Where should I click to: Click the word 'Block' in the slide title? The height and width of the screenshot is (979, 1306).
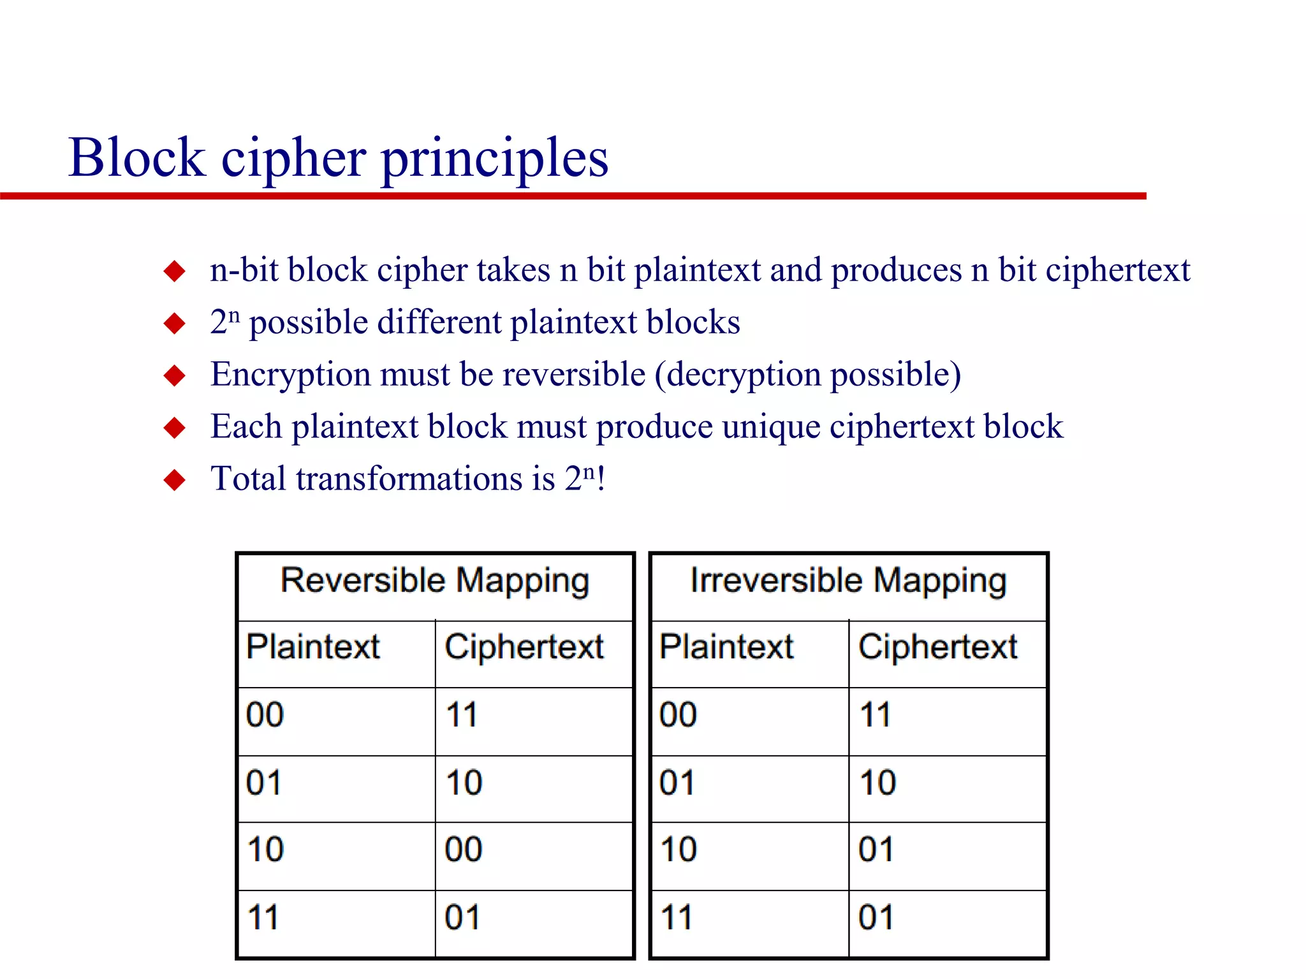point(136,157)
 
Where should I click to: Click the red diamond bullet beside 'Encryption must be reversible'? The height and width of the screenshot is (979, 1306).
point(174,375)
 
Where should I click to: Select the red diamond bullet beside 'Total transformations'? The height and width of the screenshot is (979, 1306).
point(174,480)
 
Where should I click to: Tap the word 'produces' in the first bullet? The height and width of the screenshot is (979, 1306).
point(896,270)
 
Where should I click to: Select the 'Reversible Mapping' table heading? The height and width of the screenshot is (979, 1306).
point(435,581)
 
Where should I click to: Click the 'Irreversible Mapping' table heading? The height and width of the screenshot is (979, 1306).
point(848,581)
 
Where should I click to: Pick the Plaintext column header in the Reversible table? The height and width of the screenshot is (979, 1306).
point(313,647)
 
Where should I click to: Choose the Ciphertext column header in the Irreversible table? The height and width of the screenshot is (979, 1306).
point(937,647)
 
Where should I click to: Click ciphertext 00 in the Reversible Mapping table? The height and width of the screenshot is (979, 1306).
point(464,850)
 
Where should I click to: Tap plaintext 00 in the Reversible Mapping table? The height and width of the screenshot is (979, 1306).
point(265,714)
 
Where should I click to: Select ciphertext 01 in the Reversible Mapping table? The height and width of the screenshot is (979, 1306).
point(462,918)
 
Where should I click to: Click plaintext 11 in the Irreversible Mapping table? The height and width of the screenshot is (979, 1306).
point(677,918)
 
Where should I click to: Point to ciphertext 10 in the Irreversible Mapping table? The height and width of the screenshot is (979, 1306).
point(877,783)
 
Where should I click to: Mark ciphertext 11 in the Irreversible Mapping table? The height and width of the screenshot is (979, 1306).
point(875,714)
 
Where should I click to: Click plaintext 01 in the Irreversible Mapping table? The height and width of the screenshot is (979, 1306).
point(677,783)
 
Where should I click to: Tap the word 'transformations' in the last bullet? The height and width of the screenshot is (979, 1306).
point(425,479)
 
